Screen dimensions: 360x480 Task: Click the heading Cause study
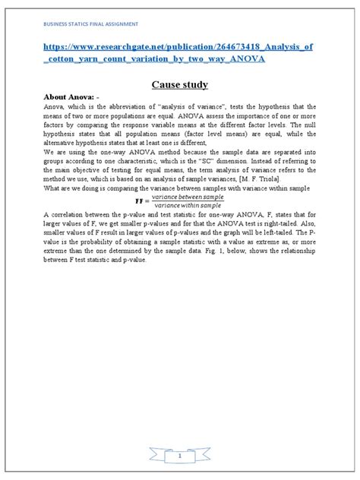179,85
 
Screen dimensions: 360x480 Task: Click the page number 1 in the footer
180,457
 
